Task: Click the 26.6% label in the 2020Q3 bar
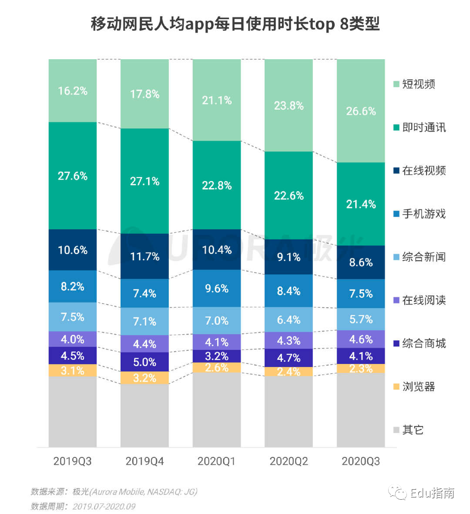pos(361,111)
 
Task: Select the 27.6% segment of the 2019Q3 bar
pos(73,176)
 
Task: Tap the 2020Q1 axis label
pos(217,461)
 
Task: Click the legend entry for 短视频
pos(418,84)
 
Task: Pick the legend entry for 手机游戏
pos(423,214)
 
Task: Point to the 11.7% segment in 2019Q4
pos(144,256)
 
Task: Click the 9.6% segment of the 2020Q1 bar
pos(217,289)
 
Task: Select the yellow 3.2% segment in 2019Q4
pos(144,378)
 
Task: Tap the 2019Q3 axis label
pos(73,461)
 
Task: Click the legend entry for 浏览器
pos(418,386)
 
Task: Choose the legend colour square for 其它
pos(396,430)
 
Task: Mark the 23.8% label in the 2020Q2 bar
pos(289,105)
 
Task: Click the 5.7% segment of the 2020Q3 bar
pos(361,319)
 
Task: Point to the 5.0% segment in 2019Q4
pos(144,362)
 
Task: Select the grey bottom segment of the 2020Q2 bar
pos(289,411)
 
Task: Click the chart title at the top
pos(235,24)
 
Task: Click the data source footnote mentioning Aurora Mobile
pos(114,492)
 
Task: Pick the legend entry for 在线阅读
pos(423,300)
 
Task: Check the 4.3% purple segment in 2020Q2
pos(289,340)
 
